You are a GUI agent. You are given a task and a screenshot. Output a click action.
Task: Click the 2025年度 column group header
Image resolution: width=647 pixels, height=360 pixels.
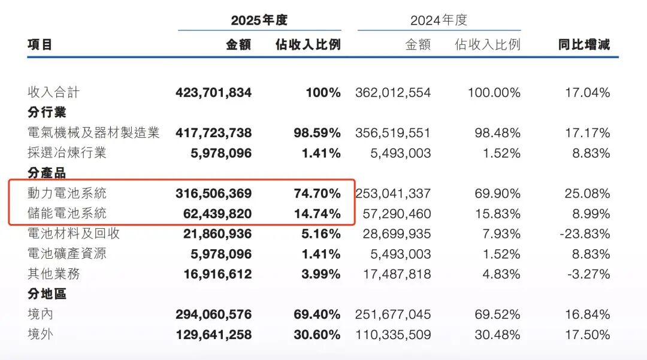(259, 20)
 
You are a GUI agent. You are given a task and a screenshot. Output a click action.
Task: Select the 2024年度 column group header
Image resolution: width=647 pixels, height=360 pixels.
(439, 20)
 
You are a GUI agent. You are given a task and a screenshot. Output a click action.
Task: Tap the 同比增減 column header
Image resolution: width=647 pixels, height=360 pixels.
(584, 44)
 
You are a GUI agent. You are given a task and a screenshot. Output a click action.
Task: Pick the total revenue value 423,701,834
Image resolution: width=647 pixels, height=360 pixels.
(214, 93)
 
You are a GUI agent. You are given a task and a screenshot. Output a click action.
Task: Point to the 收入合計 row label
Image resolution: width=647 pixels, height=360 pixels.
(53, 93)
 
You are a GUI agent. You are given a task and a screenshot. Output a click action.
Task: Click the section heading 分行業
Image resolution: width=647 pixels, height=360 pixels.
(47, 113)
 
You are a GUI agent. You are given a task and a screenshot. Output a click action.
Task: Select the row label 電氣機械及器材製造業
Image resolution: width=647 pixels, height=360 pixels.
(93, 133)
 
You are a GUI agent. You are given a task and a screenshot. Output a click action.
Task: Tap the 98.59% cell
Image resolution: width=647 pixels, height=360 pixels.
(317, 133)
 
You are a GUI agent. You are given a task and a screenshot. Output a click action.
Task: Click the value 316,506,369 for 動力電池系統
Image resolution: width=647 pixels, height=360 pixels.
(214, 193)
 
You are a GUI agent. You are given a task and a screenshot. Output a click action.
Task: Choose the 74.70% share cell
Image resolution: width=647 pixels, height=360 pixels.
(317, 193)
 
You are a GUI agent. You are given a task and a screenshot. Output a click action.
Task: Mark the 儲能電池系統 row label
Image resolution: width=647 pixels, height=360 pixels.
(67, 213)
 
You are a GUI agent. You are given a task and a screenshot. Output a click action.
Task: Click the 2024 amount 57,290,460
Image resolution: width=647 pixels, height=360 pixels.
(393, 213)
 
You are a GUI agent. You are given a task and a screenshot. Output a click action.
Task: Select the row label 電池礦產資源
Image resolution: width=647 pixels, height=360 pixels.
(67, 254)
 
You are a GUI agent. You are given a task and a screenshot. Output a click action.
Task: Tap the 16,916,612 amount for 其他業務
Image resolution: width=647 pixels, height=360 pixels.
(214, 274)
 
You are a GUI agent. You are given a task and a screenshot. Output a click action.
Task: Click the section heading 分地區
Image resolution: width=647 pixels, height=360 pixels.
(47, 294)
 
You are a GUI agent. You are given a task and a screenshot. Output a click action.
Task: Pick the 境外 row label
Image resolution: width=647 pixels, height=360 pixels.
(40, 334)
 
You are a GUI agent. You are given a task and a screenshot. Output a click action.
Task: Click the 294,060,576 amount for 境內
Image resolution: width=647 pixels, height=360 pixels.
(214, 314)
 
